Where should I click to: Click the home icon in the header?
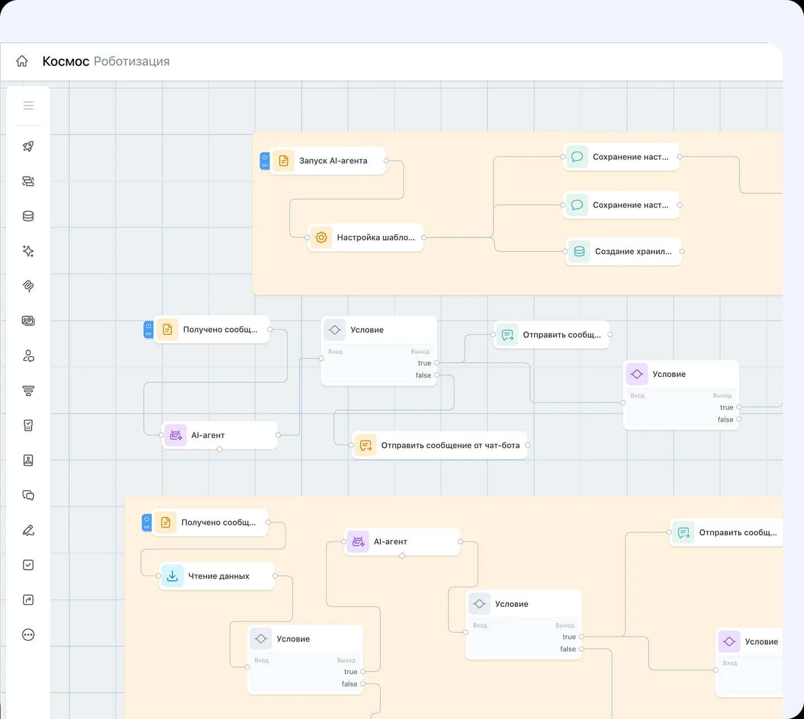click(x=22, y=61)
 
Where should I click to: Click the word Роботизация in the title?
click(x=131, y=61)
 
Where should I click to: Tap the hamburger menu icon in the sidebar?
click(x=28, y=106)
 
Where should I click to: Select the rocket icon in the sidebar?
click(x=28, y=146)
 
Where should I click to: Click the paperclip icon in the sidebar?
click(x=28, y=286)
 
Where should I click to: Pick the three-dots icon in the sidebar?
click(x=28, y=635)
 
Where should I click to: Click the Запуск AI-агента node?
click(x=328, y=161)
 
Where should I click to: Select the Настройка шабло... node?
click(x=365, y=237)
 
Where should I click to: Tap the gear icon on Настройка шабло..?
click(x=321, y=237)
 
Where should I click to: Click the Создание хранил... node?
click(x=623, y=252)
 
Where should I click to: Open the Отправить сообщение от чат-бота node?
click(x=439, y=445)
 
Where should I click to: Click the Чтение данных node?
click(x=217, y=576)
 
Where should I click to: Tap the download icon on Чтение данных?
click(x=172, y=576)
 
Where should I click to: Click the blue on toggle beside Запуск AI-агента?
click(x=265, y=161)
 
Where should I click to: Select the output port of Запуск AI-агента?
click(x=386, y=161)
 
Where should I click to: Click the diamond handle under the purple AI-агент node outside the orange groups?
click(x=219, y=449)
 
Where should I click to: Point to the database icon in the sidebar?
click(x=28, y=216)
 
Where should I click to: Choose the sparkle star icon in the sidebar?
click(x=28, y=251)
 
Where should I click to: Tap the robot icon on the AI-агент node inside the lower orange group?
click(x=358, y=541)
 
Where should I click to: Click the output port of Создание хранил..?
click(x=682, y=252)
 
